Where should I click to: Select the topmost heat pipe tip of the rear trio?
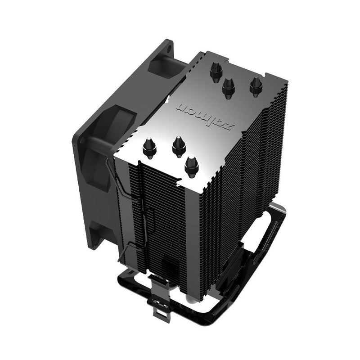tap(215, 69)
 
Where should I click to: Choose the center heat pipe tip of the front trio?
tap(179, 145)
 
